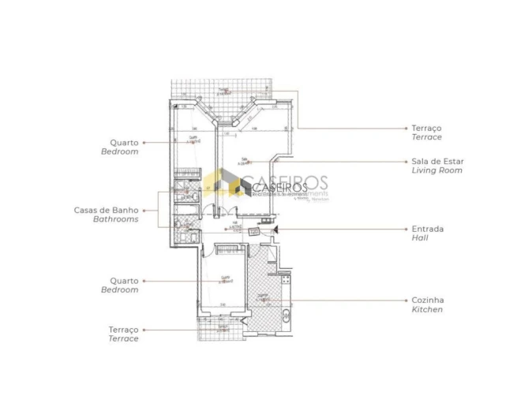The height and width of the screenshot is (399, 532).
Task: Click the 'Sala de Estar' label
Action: [436, 161]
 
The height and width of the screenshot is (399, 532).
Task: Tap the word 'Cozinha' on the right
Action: [426, 300]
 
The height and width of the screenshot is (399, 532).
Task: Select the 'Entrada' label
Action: [427, 229]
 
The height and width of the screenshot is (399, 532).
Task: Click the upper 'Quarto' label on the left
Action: [125, 143]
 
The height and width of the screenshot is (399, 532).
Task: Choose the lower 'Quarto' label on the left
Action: [125, 281]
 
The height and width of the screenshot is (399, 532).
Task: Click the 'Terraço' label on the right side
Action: [426, 128]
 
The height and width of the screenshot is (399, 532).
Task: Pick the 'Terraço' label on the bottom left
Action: [123, 330]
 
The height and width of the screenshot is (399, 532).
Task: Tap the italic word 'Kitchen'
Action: [426, 310]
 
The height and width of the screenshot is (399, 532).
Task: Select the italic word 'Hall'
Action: [419, 237]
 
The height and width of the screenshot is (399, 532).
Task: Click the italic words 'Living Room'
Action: [436, 170]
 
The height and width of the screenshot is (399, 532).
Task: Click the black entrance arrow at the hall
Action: [275, 229]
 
